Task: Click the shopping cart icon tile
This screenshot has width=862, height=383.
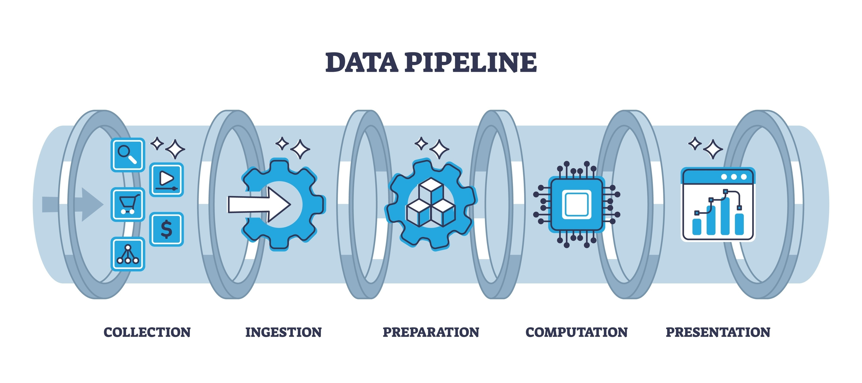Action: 127,204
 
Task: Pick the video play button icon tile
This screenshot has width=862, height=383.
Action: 166,179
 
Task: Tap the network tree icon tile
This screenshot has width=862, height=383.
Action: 127,254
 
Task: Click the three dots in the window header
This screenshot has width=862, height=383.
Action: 734,177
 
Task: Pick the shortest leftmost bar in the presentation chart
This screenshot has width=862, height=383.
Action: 697,227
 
